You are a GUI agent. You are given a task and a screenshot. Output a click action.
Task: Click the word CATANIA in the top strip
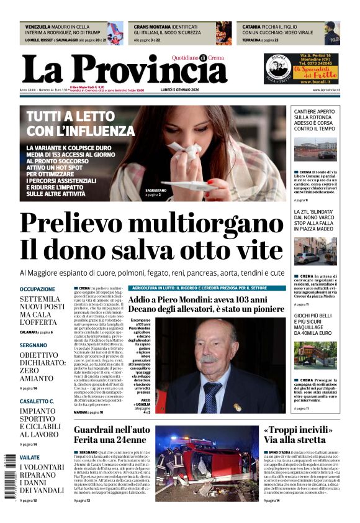point(251,27)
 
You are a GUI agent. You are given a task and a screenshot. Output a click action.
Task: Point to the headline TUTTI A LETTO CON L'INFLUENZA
point(81,123)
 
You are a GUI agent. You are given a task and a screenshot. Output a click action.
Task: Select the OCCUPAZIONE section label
point(37,289)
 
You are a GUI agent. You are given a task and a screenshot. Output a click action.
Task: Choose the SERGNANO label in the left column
point(33,345)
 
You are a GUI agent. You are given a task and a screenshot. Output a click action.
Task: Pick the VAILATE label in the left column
point(29,457)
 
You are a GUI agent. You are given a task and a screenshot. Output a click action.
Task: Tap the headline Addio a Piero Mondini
point(205,304)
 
